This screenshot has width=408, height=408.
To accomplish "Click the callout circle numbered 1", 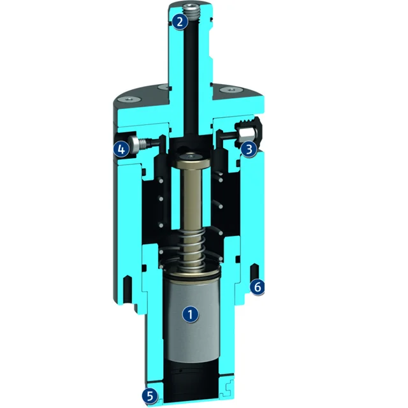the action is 191,314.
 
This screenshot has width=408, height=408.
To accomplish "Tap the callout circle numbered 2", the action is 180,22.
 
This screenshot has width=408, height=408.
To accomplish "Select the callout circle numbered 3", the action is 249,149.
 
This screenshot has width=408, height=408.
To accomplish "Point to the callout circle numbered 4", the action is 122,149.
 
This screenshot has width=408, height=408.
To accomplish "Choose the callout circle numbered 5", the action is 150,396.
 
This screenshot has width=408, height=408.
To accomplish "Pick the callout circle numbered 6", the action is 257,287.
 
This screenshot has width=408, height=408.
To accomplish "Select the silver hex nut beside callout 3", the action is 245,133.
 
